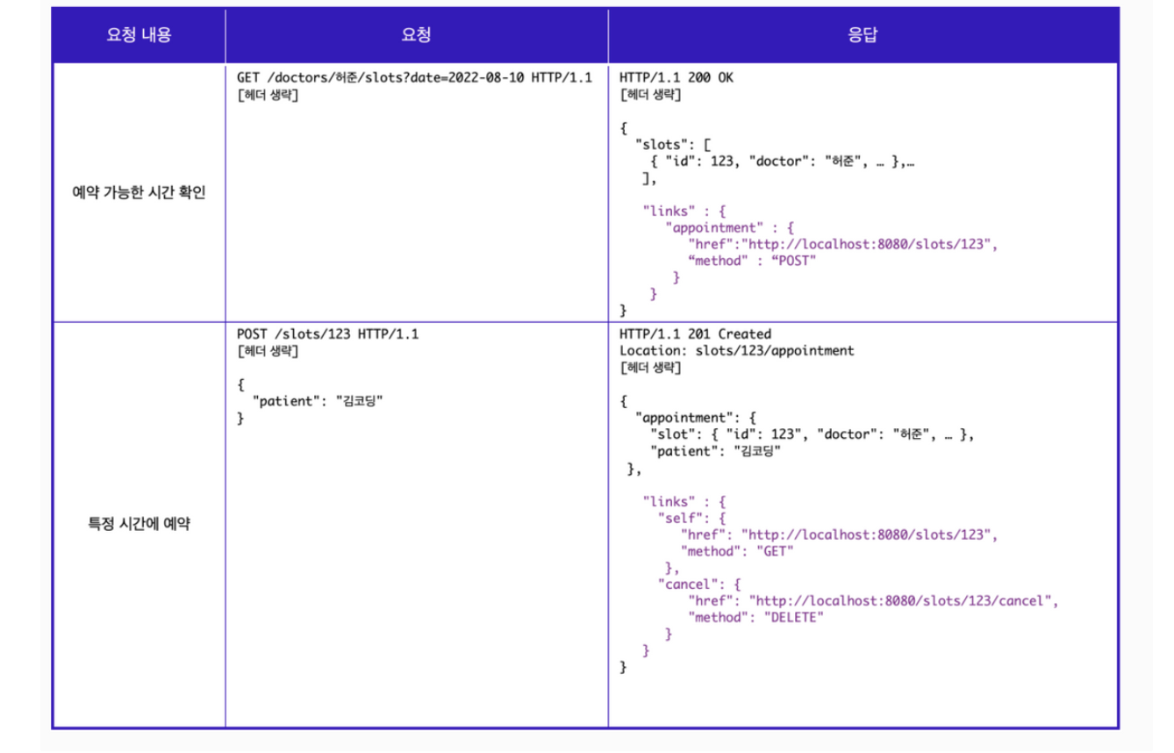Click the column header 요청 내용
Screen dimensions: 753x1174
(x=139, y=35)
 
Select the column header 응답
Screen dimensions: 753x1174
(x=863, y=35)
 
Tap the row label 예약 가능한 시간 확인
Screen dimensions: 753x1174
(x=139, y=193)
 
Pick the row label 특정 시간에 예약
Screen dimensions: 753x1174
(x=139, y=525)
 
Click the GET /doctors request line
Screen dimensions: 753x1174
(x=414, y=77)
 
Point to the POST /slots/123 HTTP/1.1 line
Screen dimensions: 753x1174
(x=327, y=334)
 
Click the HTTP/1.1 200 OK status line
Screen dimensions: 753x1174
(x=676, y=77)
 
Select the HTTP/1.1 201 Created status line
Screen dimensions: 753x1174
(x=695, y=334)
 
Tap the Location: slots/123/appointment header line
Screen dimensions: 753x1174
(x=736, y=351)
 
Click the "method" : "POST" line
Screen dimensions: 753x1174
(x=753, y=261)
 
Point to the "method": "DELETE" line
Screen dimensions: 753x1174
(x=756, y=618)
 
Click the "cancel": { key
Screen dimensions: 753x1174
(x=699, y=584)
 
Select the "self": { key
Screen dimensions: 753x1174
(x=691, y=518)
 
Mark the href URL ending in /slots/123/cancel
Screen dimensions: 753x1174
(x=902, y=601)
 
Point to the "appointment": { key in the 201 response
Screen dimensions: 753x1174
(x=695, y=418)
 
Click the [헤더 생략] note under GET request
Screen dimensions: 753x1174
(x=268, y=95)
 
